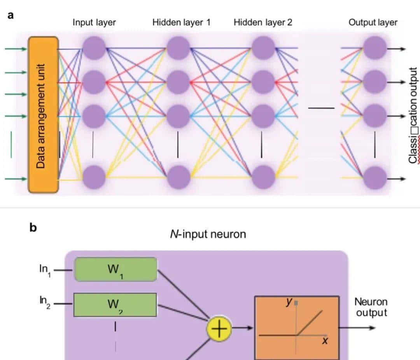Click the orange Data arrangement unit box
click(x=43, y=115)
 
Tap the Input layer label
click(x=94, y=22)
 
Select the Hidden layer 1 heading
click(x=181, y=22)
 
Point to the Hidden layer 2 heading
click(x=263, y=22)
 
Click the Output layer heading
click(x=373, y=22)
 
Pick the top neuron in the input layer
click(x=94, y=48)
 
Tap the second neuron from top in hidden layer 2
click(x=263, y=82)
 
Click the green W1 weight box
click(x=115, y=269)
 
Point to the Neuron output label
click(x=371, y=307)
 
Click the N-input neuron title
click(x=208, y=234)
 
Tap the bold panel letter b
click(x=33, y=228)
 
